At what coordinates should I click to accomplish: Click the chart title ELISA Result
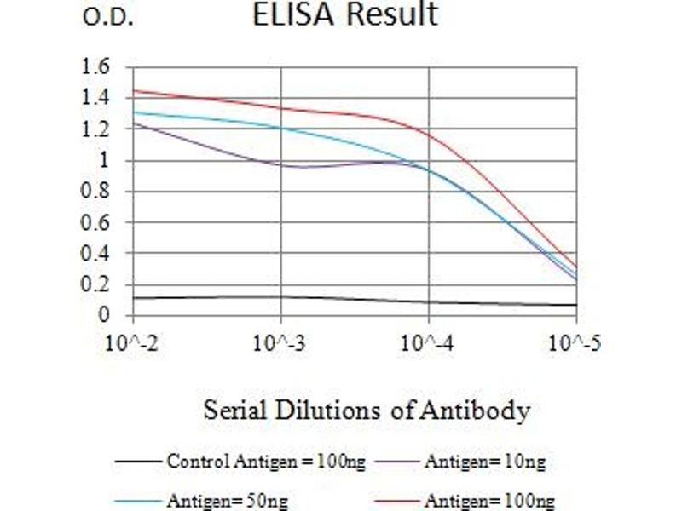[x=344, y=14]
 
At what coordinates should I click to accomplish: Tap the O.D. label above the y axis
[x=108, y=18]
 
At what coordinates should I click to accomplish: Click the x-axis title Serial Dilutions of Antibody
[x=367, y=411]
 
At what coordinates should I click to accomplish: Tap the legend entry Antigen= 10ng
[x=484, y=462]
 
